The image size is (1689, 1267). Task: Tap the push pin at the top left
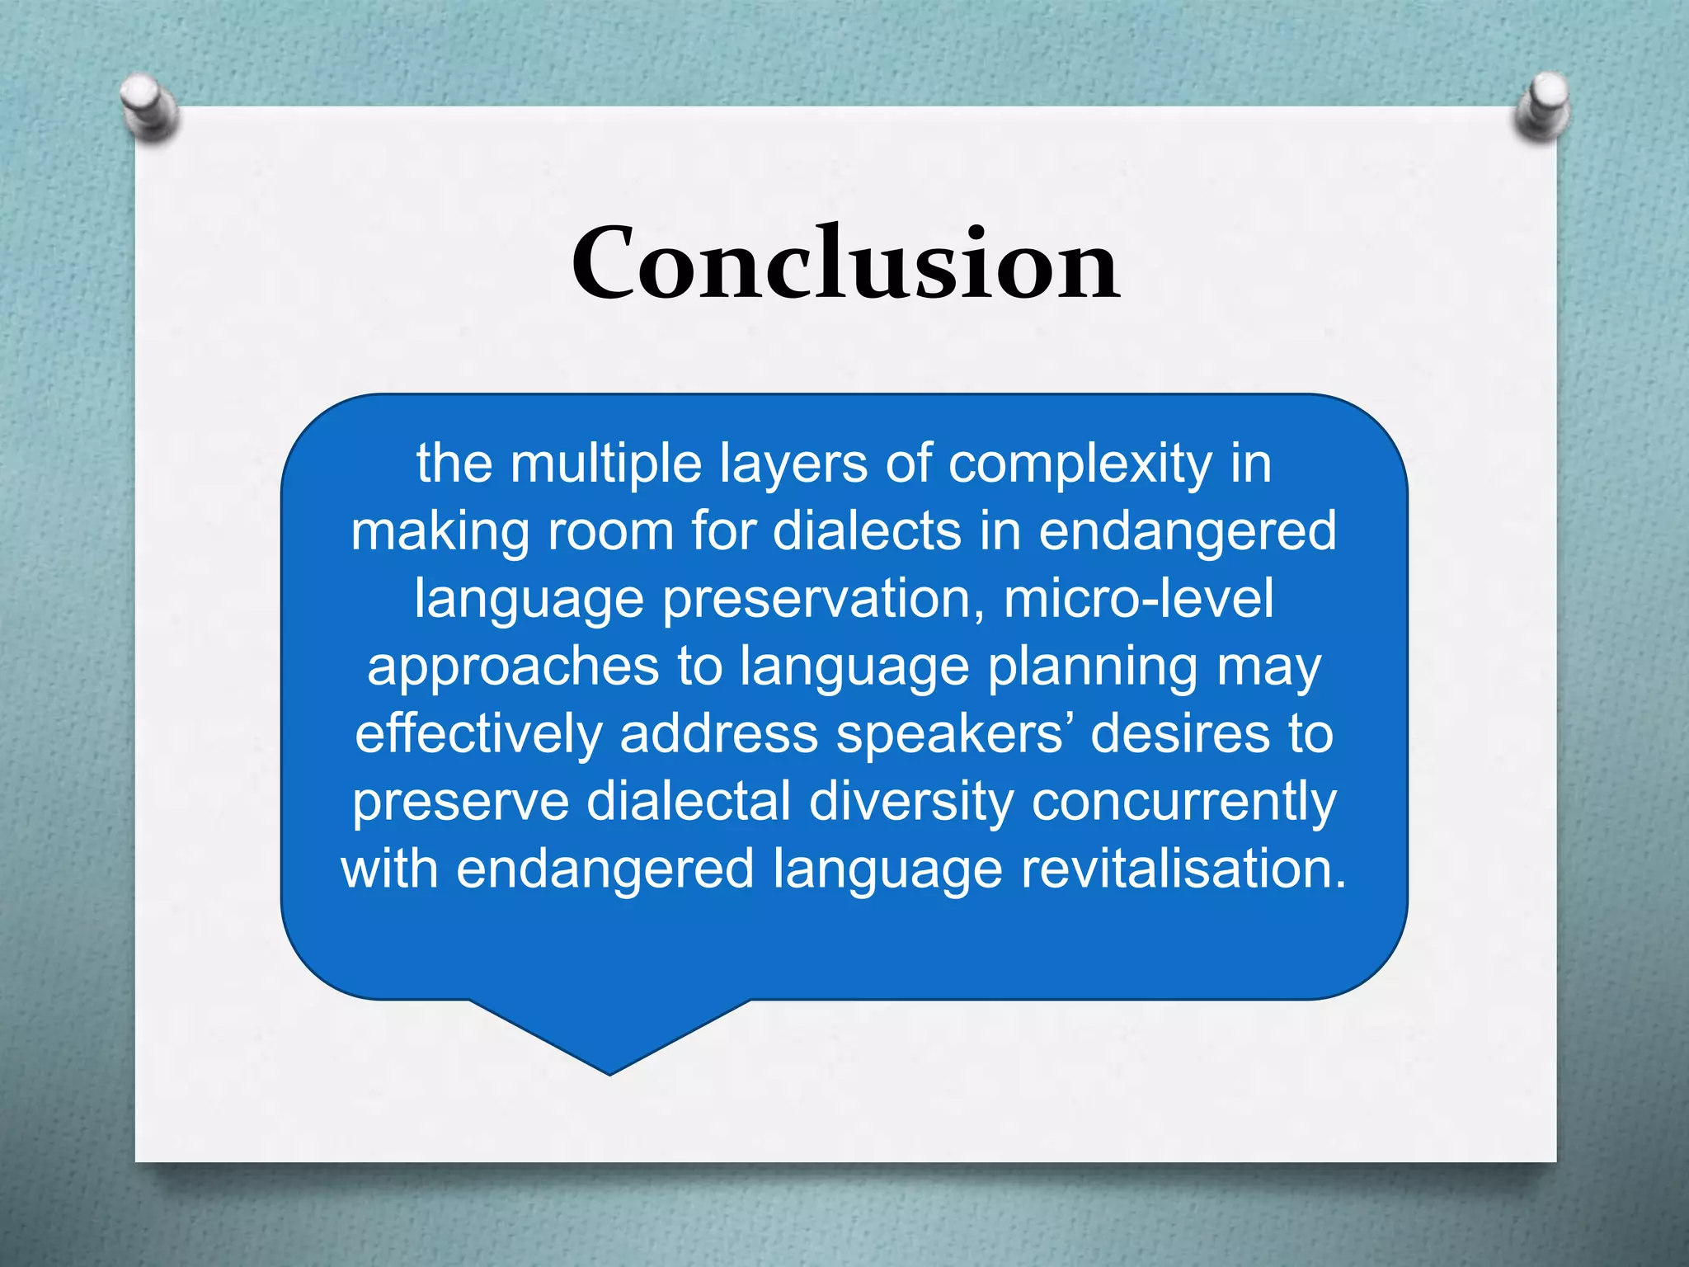click(148, 107)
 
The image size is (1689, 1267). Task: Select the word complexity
click(1080, 465)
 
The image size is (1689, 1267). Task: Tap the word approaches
click(513, 667)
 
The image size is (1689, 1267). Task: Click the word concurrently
click(1184, 803)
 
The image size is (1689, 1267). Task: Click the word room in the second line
click(611, 531)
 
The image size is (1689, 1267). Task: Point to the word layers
click(793, 465)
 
